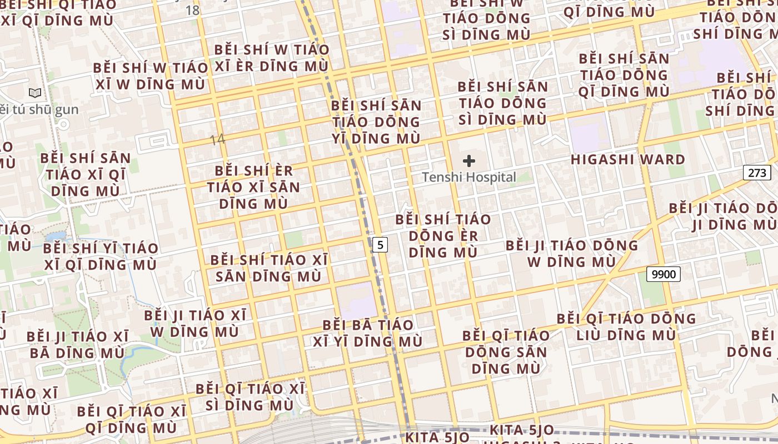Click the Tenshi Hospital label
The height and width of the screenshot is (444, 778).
[x=469, y=178]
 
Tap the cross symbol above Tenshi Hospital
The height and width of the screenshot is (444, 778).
[x=469, y=161]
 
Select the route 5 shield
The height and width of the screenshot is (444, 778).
[x=380, y=244]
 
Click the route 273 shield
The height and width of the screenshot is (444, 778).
[x=757, y=173]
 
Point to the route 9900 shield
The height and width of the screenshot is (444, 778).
[x=664, y=274]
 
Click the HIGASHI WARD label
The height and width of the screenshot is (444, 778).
[x=628, y=160]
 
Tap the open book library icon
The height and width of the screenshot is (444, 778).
[x=35, y=93]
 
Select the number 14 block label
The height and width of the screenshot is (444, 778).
[x=217, y=139]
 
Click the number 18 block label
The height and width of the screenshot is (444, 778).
[x=192, y=10]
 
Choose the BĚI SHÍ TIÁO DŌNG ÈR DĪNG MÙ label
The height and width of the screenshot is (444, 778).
[x=443, y=236]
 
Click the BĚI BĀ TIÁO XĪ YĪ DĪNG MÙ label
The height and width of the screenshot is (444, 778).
[x=368, y=333]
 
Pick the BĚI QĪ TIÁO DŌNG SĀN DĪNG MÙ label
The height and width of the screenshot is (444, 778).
[x=506, y=352]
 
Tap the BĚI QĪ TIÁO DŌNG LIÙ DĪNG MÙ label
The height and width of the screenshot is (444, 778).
[x=626, y=327]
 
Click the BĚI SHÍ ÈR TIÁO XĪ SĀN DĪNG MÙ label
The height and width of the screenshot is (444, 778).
[x=253, y=187]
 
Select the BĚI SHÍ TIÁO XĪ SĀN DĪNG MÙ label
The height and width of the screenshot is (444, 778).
[x=269, y=268]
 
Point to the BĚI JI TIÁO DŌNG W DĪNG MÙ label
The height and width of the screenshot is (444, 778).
[x=572, y=253]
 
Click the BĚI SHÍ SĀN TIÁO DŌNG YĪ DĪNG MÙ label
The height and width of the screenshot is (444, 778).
[x=376, y=122]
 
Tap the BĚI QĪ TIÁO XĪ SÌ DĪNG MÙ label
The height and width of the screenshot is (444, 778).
[x=250, y=397]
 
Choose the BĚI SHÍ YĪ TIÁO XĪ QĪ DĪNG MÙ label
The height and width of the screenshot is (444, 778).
[x=101, y=256]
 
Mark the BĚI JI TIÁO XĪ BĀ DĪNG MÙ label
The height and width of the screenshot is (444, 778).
[x=77, y=345]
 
